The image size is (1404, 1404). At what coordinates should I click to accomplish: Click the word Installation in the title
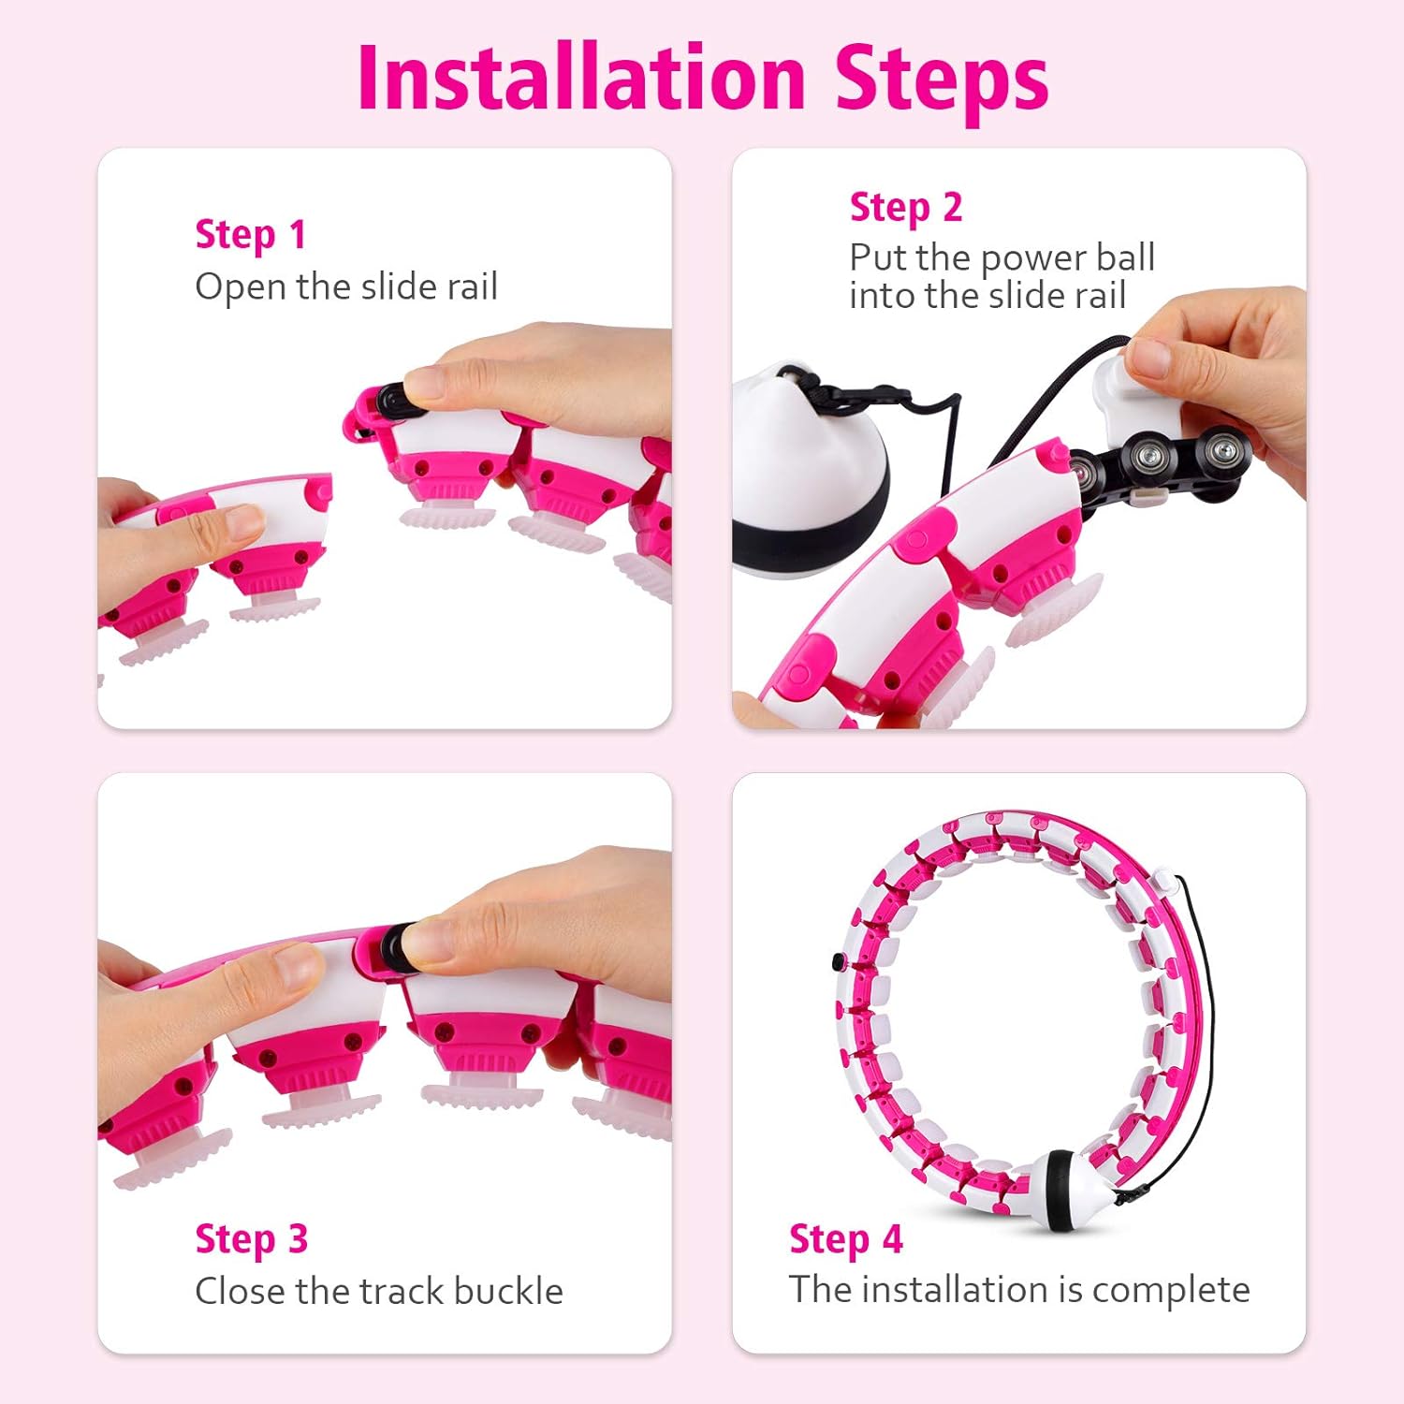point(581,78)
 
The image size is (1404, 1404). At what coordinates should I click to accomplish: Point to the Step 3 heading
point(251,1240)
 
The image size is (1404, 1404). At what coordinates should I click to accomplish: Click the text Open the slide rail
point(346,287)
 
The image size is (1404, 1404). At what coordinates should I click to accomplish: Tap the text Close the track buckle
point(379,1292)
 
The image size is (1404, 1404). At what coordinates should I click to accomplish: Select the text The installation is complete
point(1019,1291)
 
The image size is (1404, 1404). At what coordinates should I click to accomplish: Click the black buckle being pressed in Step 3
point(398,945)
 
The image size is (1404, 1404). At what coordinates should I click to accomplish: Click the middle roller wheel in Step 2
point(1149,456)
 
